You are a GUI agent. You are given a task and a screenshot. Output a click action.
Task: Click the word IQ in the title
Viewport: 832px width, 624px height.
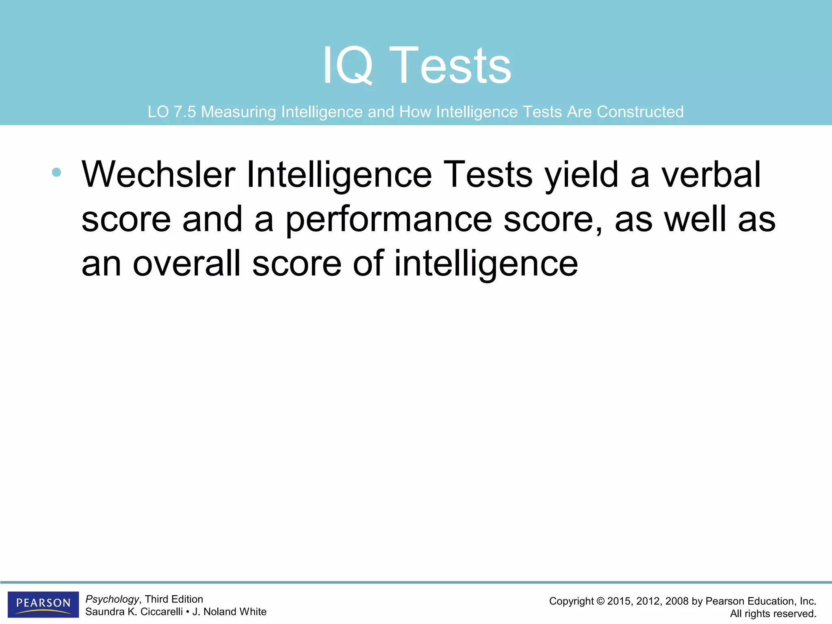[347, 66]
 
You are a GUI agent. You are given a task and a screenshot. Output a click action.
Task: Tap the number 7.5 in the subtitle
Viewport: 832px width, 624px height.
[185, 112]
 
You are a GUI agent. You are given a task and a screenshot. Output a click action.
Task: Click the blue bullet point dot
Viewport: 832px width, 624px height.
[56, 172]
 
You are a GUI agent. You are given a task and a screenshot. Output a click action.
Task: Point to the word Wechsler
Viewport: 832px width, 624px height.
[158, 175]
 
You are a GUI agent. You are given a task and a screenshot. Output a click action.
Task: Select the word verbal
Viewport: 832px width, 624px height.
[711, 175]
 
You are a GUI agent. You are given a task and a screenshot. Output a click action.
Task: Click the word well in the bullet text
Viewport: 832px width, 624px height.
[695, 219]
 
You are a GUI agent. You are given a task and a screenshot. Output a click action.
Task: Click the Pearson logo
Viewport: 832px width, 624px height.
[43, 604]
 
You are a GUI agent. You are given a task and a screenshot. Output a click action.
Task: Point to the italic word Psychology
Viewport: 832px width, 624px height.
[112, 599]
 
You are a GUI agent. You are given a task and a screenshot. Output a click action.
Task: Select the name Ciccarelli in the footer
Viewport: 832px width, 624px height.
[161, 612]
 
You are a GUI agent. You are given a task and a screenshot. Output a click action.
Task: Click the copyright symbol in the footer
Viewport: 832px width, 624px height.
[600, 601]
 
